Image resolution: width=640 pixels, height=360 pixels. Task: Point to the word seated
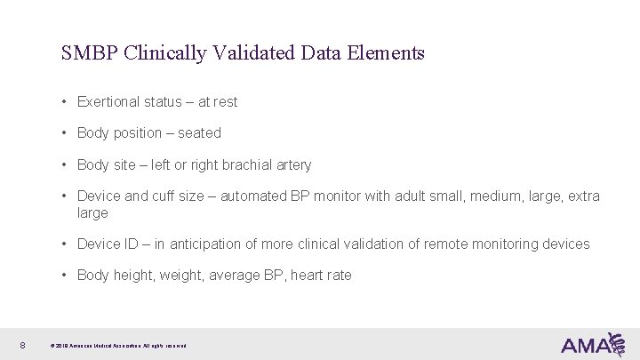(199, 133)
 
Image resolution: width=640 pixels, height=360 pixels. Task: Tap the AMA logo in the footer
(592, 344)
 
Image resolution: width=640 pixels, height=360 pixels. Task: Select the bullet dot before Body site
(66, 165)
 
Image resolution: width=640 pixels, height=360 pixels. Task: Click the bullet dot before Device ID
(66, 244)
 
